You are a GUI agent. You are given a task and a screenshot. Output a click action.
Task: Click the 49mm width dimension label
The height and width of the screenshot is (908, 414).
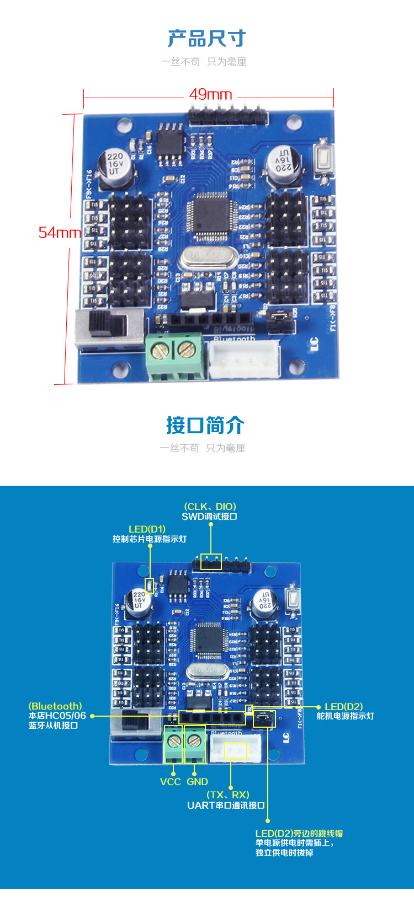[210, 94]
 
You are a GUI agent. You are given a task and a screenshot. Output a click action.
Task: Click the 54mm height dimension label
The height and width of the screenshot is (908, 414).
[59, 232]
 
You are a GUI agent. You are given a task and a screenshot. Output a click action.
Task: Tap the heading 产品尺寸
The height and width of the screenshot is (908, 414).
[206, 39]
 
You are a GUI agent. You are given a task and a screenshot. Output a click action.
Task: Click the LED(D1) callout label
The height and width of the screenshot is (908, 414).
[147, 529]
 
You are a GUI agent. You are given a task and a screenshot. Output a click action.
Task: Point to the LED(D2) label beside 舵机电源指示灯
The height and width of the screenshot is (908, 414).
[343, 706]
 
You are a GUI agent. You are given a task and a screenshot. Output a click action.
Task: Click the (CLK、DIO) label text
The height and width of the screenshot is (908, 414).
[210, 506]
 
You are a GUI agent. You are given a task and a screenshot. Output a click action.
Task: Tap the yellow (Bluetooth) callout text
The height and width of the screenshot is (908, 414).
[55, 706]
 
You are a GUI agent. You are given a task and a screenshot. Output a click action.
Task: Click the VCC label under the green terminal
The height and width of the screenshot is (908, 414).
[171, 781]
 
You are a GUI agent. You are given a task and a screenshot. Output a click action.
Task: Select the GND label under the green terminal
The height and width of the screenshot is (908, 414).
[197, 781]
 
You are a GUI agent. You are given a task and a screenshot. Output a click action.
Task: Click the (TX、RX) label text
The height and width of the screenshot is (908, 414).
[228, 794]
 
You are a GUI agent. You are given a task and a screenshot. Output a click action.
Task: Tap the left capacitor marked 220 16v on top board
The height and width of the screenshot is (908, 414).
[115, 164]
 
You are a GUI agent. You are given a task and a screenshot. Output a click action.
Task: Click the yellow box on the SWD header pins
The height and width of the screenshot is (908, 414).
[210, 562]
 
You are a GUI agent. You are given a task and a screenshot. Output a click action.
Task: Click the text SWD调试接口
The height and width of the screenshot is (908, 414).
[209, 517]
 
